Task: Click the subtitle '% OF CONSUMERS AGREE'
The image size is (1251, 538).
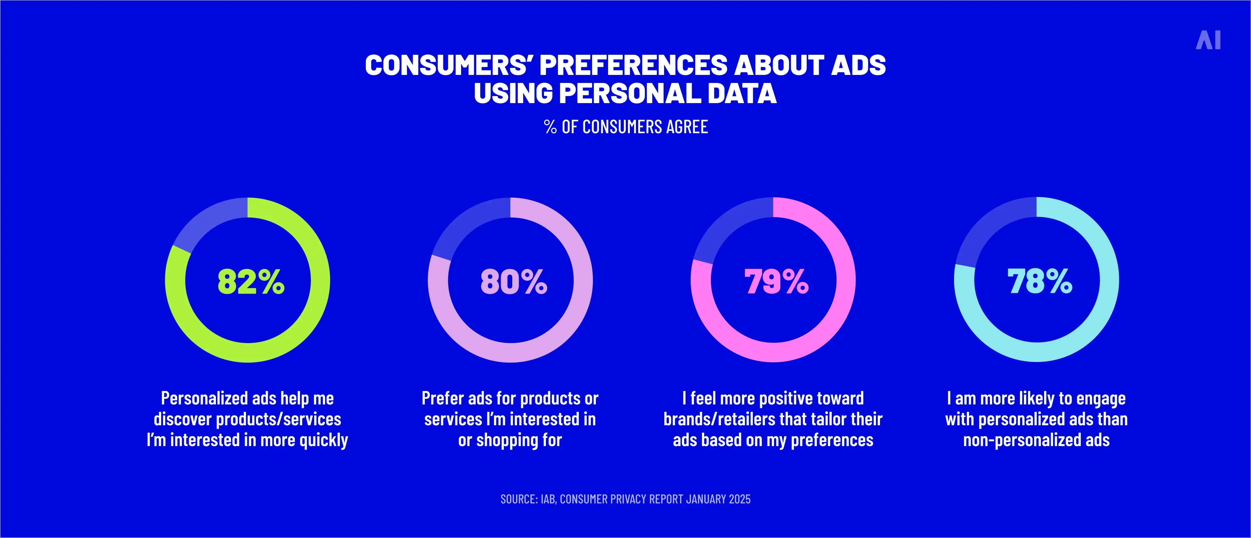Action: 625,127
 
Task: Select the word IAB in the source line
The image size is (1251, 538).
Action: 548,499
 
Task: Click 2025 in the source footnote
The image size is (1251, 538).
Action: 739,499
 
